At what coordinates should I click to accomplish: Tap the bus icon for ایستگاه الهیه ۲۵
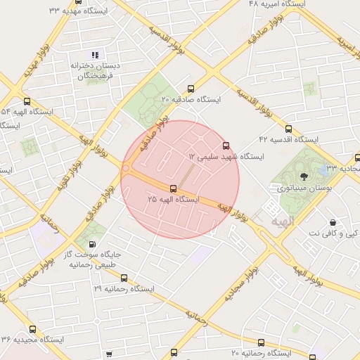click(x=174, y=188)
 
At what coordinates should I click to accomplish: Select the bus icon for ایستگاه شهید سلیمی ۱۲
click(x=226, y=146)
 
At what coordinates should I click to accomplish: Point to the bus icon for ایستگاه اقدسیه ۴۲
click(x=288, y=129)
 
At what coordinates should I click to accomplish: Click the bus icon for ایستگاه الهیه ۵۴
click(x=27, y=101)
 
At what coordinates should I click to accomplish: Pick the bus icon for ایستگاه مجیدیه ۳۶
click(x=33, y=329)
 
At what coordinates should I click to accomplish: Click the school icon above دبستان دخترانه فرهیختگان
click(x=96, y=55)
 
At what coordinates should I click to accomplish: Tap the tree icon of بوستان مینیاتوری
click(x=304, y=176)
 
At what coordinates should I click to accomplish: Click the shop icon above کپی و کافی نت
click(x=332, y=223)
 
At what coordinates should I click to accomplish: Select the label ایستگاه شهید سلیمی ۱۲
click(x=226, y=156)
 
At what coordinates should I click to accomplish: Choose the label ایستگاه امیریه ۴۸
click(x=279, y=4)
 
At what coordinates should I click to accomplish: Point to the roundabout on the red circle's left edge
click(x=127, y=169)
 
